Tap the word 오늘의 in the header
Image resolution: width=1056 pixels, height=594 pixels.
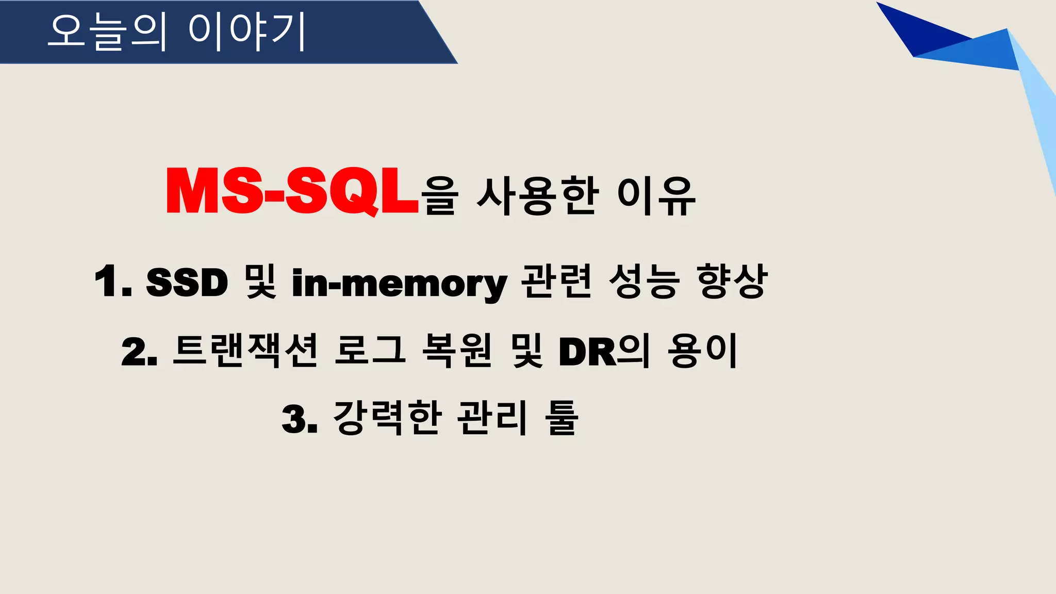click(108, 32)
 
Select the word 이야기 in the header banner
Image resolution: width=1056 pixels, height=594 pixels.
click(247, 32)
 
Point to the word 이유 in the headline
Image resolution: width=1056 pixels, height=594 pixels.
click(656, 195)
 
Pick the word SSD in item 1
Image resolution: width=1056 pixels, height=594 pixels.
click(187, 283)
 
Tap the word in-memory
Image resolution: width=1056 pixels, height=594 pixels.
click(399, 284)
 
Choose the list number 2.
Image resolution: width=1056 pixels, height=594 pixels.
click(139, 352)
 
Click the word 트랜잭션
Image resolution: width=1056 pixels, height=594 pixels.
click(245, 351)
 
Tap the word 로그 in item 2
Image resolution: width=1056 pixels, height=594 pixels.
click(370, 351)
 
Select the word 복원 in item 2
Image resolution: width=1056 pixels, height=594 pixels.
click(457, 351)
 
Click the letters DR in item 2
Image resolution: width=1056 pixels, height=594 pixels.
click(587, 352)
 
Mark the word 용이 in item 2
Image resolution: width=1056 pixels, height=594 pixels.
click(702, 351)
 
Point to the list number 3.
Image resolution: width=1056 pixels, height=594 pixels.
click(299, 419)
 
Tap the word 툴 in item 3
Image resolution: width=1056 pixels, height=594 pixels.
click(562, 418)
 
